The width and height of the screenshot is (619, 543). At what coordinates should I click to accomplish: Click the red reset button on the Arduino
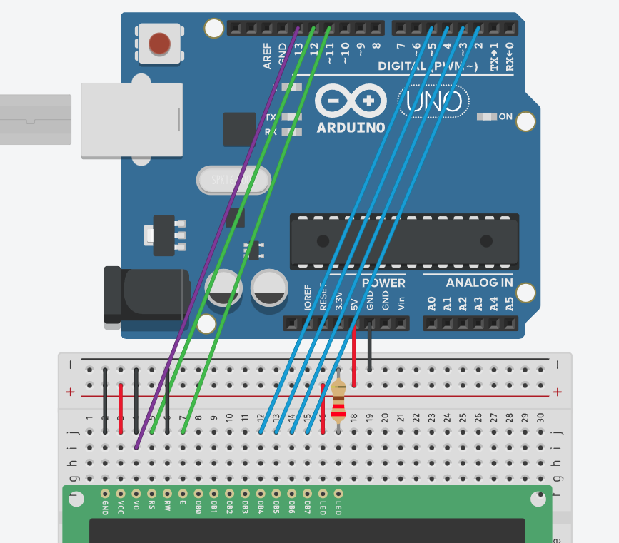[x=159, y=44]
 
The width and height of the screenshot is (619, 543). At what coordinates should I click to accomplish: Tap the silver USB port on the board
[x=131, y=120]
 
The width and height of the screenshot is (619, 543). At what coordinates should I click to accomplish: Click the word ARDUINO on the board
[x=351, y=128]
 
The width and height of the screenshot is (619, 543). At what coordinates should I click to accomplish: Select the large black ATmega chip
[x=404, y=240]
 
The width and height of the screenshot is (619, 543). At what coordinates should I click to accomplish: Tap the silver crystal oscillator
[x=232, y=181]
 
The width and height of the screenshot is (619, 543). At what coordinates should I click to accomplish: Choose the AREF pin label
[x=268, y=57]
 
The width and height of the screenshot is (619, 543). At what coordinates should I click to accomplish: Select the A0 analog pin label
[x=431, y=303]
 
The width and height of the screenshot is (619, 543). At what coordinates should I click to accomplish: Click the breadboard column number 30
[x=540, y=417]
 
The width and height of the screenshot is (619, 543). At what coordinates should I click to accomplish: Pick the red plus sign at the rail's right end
[x=558, y=392]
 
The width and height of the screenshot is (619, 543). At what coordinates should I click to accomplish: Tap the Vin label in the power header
[x=400, y=303]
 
